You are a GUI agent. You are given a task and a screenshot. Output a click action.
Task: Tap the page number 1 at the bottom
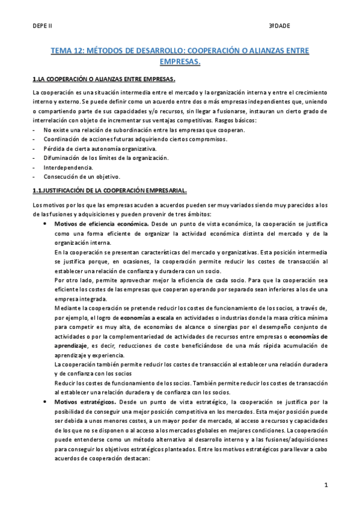point(325,484)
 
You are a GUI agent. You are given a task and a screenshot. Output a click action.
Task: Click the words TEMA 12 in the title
point(68,52)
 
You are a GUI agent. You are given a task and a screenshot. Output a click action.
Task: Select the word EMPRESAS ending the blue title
point(180,61)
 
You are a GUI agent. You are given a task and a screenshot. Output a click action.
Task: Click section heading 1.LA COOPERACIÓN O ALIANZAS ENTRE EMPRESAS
point(104,79)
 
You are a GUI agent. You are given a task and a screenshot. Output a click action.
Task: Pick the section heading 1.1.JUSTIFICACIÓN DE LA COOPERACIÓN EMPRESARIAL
point(110,191)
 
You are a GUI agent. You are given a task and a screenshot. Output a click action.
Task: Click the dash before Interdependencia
point(34,167)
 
